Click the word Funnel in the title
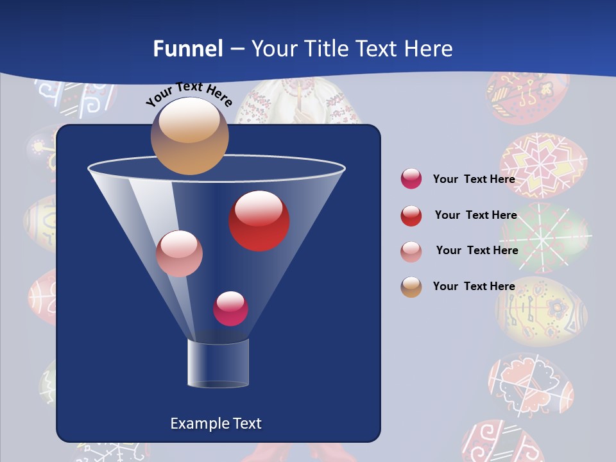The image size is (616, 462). click(187, 49)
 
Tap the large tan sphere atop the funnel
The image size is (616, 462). click(189, 135)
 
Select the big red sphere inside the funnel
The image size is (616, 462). click(259, 221)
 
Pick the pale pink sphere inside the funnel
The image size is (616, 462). click(179, 253)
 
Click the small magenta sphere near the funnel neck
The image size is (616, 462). click(230, 309)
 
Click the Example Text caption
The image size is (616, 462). click(216, 424)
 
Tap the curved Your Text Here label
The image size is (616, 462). click(189, 95)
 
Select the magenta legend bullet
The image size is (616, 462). click(411, 179)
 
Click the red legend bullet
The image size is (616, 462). click(411, 216)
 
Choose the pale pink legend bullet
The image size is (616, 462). click(411, 251)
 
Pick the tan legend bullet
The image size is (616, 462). click(411, 287)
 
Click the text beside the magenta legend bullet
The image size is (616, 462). click(474, 179)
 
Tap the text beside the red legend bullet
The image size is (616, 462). click(475, 215)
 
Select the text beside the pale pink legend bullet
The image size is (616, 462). click(477, 250)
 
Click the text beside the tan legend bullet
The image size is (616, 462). click(474, 286)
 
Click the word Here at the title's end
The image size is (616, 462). click(429, 49)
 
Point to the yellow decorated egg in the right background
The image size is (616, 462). click(542, 311)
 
